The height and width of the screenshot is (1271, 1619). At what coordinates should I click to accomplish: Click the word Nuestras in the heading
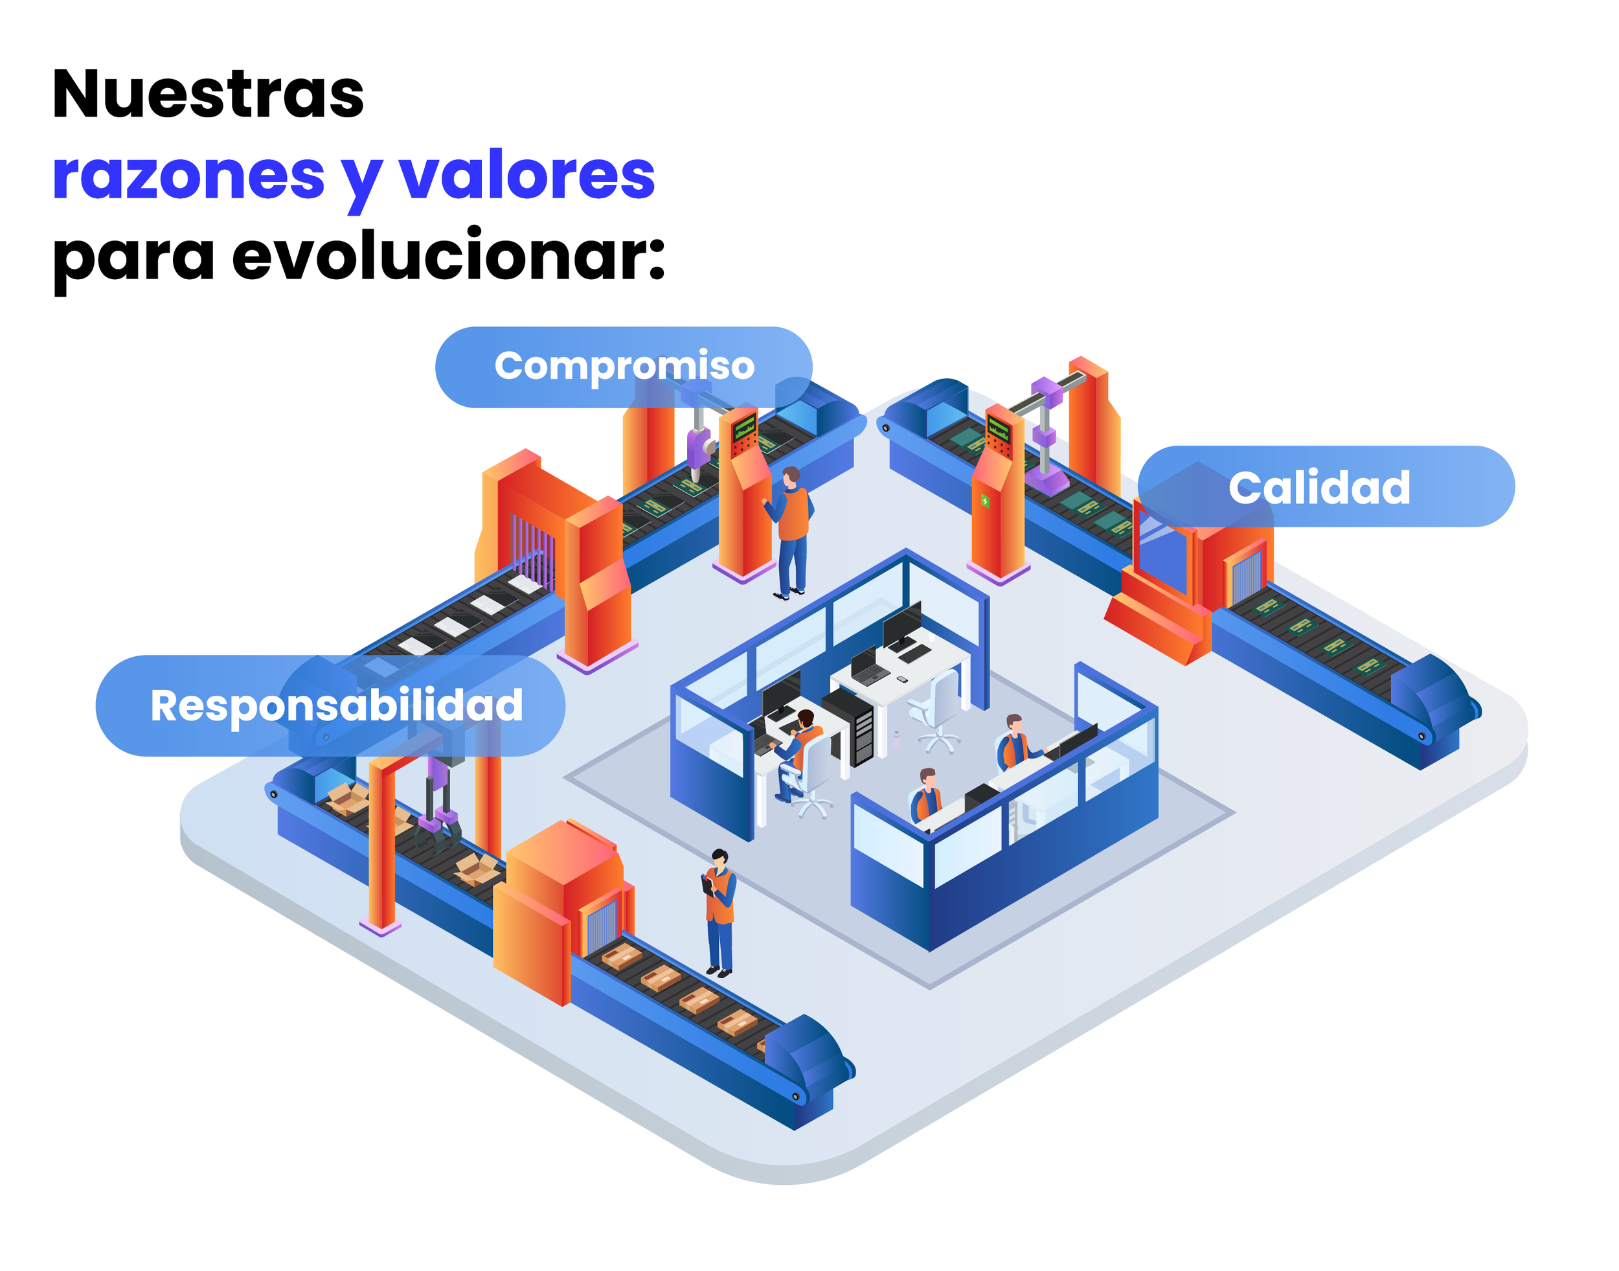coord(208,95)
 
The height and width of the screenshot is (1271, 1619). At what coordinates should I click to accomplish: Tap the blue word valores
coord(526,176)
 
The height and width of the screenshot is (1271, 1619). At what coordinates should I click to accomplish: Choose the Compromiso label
coord(624,366)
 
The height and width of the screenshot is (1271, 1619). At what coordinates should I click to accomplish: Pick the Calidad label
coord(1325,487)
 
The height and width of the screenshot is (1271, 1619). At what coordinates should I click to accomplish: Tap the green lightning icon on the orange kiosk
coord(985,501)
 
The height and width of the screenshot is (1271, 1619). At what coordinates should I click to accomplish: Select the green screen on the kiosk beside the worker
coord(744,429)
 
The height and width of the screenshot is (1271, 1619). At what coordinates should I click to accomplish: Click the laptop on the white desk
coord(865,666)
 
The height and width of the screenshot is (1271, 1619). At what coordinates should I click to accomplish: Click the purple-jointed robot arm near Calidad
coord(1045,439)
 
